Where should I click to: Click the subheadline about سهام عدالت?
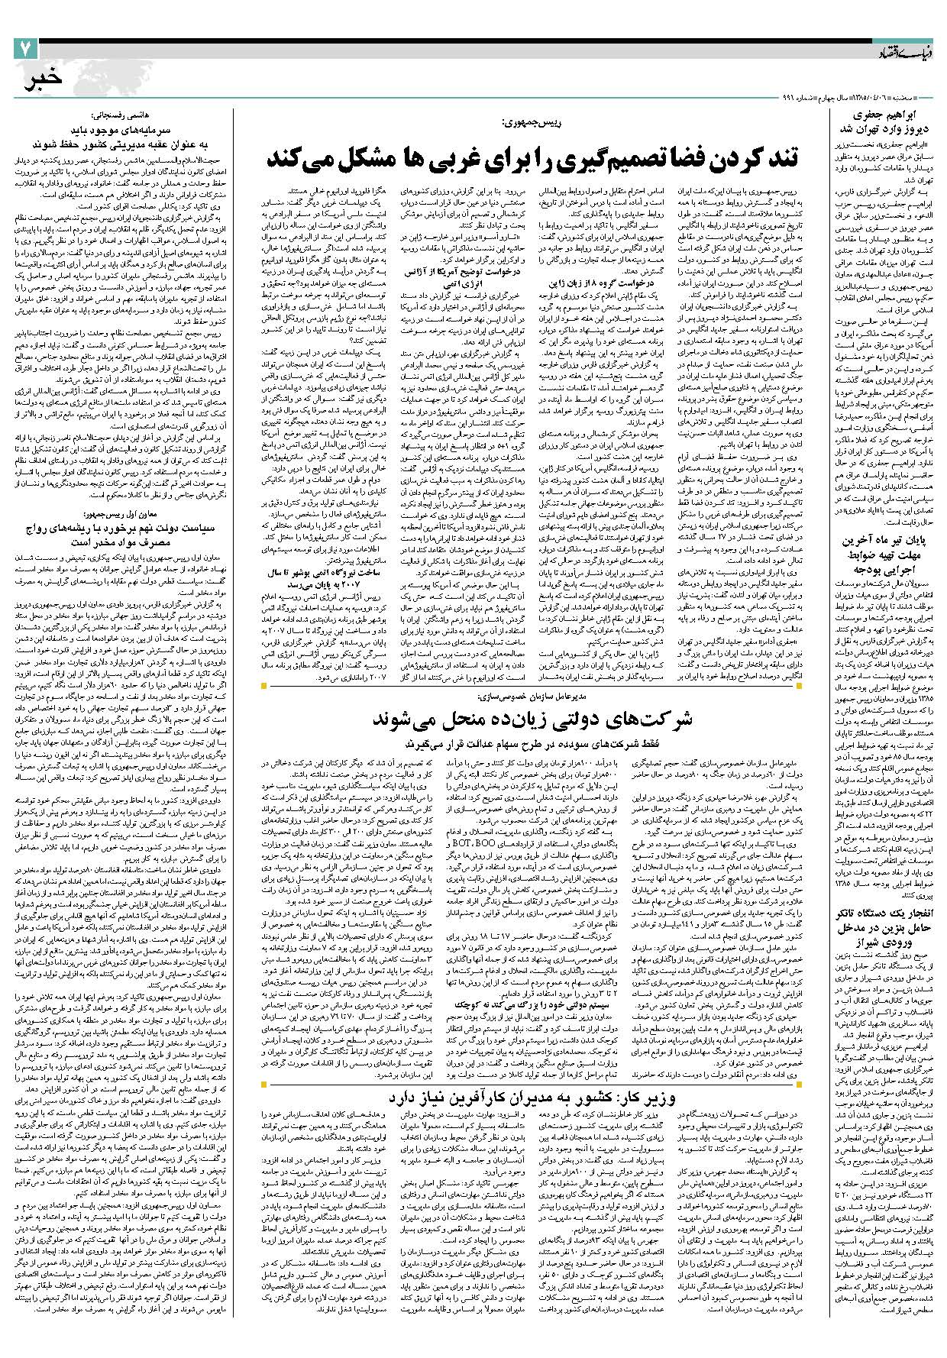tap(526, 741)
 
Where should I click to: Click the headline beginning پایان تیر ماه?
tap(889, 542)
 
